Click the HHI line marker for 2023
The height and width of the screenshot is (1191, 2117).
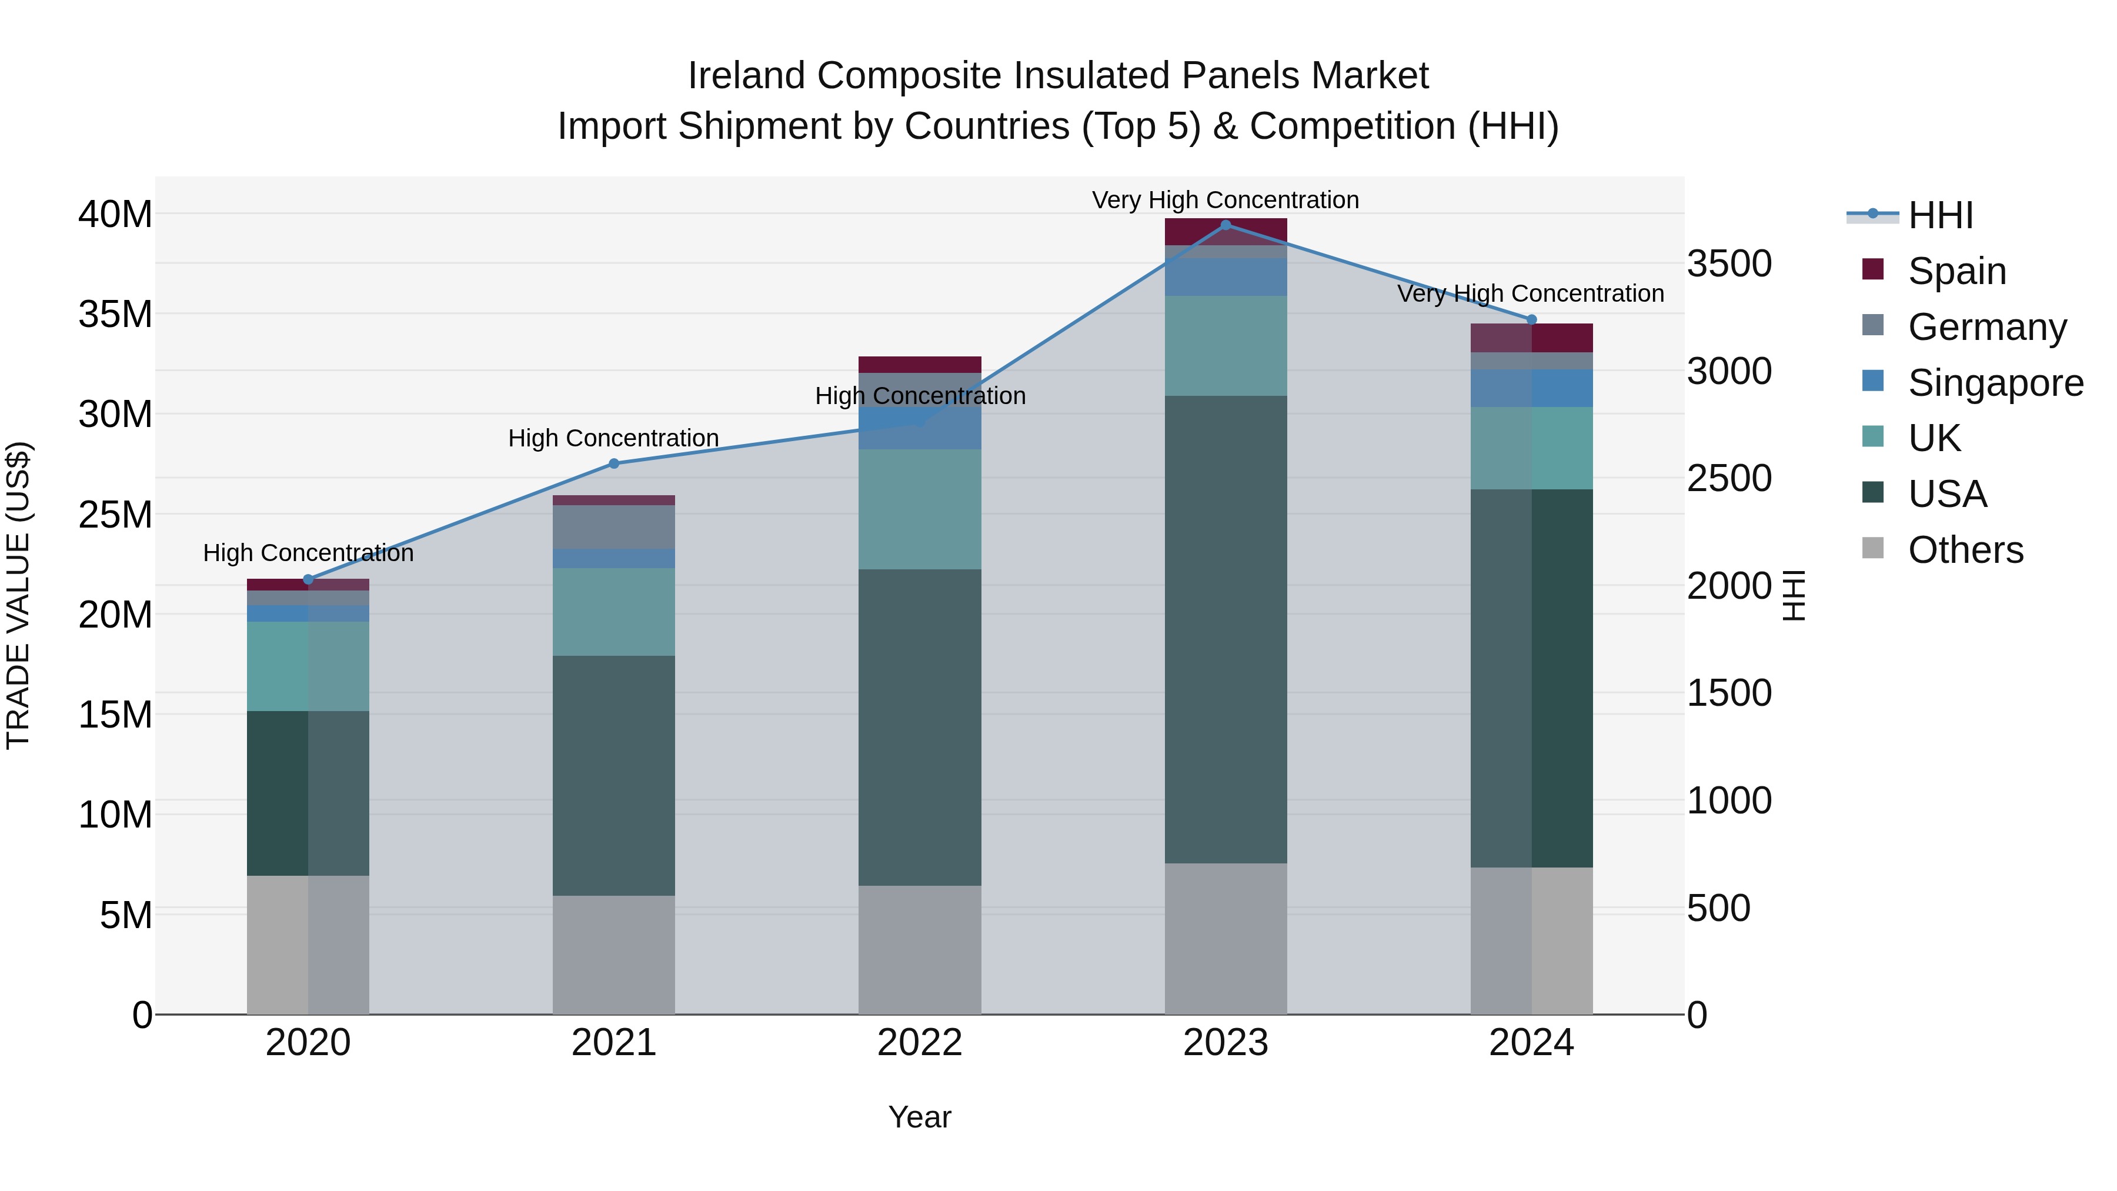(1226, 225)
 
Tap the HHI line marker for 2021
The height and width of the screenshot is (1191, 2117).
(614, 463)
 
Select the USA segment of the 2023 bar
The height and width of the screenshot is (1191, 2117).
(1226, 629)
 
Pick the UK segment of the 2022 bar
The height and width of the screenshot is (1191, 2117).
(920, 509)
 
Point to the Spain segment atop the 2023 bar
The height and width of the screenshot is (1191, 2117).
(1226, 232)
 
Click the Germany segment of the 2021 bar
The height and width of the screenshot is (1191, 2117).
(614, 527)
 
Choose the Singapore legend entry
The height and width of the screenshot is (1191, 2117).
(1995, 383)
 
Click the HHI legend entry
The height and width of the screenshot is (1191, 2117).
(1939, 215)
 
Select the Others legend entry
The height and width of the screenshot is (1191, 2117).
(1965, 550)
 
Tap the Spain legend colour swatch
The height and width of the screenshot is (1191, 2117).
(1873, 269)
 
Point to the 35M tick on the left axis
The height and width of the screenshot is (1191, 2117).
(115, 315)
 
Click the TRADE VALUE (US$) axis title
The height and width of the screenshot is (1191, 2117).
(18, 596)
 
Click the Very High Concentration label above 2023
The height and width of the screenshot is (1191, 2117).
(1226, 200)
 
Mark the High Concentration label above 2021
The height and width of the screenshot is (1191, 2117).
(614, 438)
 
